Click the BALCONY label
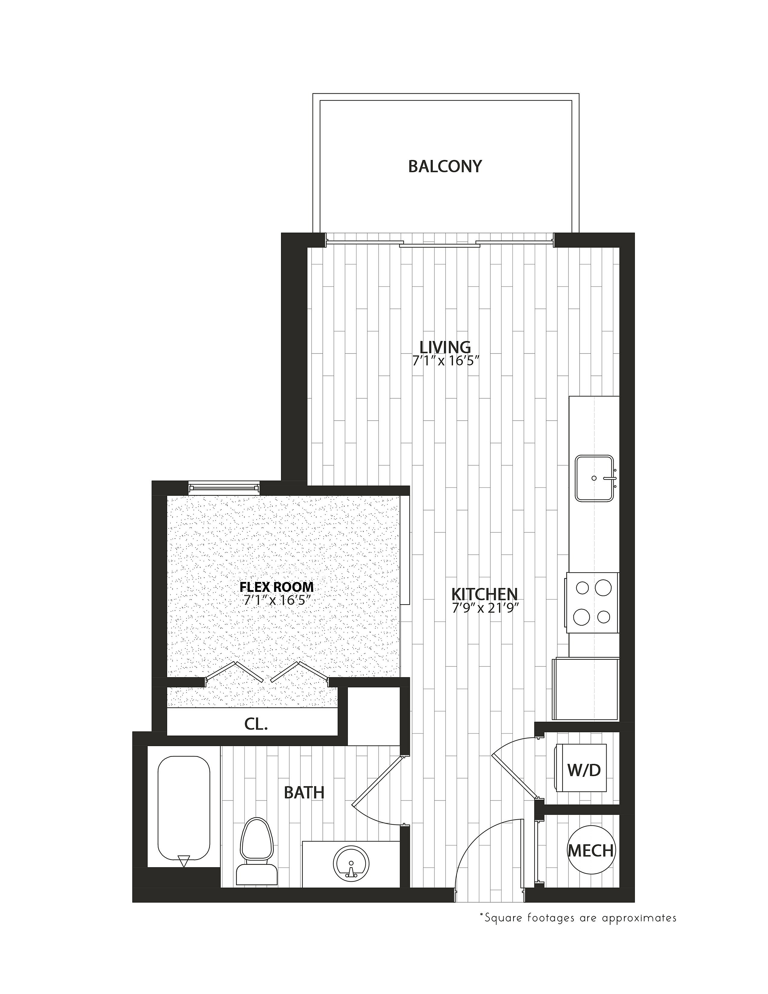[445, 167]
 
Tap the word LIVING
[445, 347]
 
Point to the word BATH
[304, 792]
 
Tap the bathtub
[184, 813]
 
